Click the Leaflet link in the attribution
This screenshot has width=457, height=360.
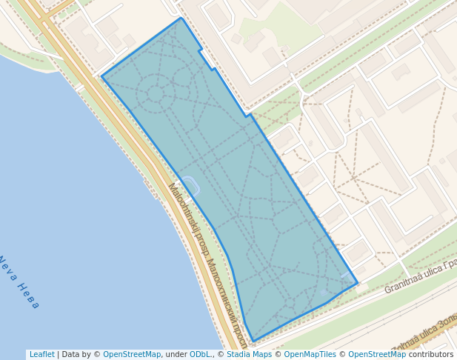(x=41, y=355)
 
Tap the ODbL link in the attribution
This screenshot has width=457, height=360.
(x=200, y=355)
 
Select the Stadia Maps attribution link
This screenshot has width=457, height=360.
(x=250, y=355)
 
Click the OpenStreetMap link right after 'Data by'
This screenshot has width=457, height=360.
(x=132, y=355)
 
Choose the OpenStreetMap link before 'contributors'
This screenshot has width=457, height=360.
(x=376, y=355)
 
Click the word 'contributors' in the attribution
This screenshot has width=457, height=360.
(x=430, y=355)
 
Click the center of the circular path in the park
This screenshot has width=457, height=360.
(x=156, y=94)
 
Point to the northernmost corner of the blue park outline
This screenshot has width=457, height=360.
(x=181, y=18)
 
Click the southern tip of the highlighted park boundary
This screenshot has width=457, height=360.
(x=253, y=341)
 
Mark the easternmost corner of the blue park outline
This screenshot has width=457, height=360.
(x=358, y=282)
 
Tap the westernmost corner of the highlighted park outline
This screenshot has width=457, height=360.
(x=101, y=76)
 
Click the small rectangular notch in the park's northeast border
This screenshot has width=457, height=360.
(x=207, y=59)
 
